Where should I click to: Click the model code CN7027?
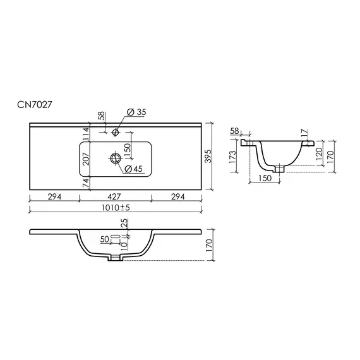35,105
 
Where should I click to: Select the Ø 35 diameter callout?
136,112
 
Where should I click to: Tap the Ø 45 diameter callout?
134,169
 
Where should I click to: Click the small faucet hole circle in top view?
115,132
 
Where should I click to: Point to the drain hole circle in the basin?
116,158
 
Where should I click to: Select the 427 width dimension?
114,196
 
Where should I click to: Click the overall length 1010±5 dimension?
116,208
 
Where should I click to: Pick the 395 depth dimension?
208,156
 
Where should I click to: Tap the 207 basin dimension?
86,159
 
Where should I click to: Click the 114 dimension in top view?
86,134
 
